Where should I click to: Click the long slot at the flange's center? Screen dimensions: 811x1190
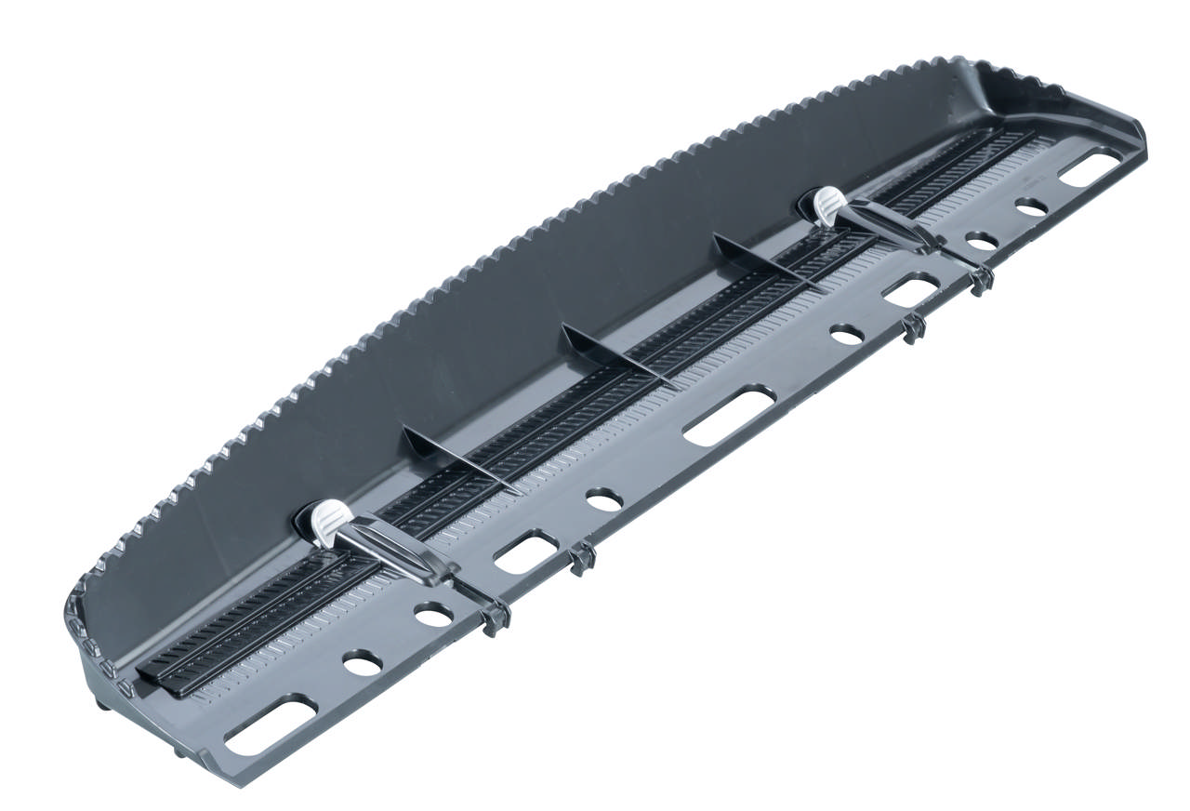(729, 416)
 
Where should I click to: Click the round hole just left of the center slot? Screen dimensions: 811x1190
(604, 499)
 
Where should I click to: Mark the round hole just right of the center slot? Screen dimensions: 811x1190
(846, 334)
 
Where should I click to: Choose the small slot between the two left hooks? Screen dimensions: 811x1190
(525, 551)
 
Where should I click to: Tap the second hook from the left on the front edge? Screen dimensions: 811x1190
(582, 558)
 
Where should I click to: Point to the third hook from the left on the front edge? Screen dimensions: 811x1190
(913, 327)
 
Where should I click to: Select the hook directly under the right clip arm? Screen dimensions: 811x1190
(980, 279)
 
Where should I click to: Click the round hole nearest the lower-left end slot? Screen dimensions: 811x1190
(362, 662)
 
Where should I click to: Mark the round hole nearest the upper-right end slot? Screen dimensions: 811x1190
(1031, 207)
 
